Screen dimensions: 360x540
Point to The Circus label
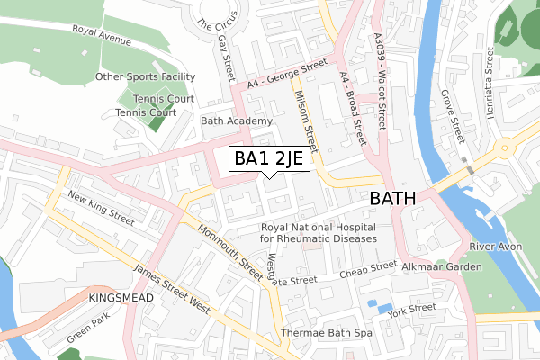pos(213,13)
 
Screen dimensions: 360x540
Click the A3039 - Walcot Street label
pos(382,82)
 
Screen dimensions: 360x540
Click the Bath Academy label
pos(237,121)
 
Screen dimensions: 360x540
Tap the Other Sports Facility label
pos(146,77)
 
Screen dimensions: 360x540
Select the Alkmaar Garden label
pos(442,266)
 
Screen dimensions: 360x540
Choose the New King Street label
pos(101,209)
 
